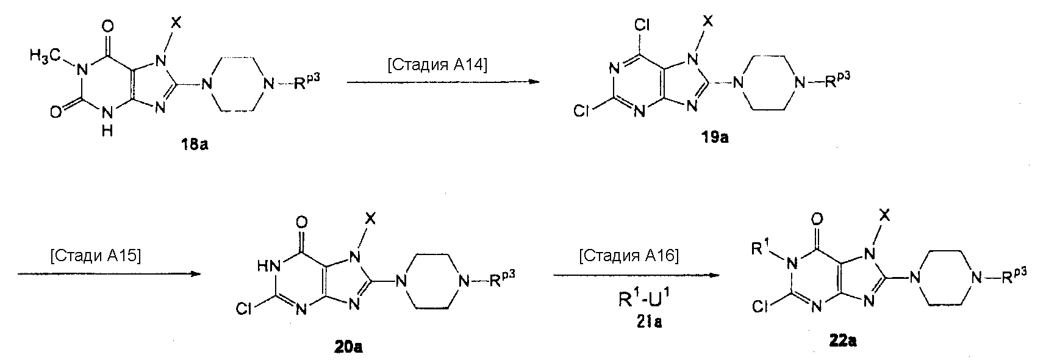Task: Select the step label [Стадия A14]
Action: click(437, 65)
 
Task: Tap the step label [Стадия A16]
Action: click(628, 256)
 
